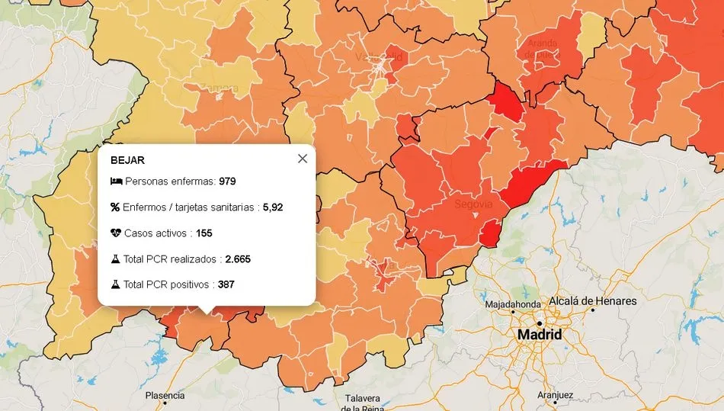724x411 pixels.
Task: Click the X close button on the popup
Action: [303, 159]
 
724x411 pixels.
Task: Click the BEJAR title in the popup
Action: [127, 160]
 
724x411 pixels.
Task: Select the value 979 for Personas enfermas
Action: [227, 181]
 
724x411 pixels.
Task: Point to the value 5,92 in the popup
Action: [274, 207]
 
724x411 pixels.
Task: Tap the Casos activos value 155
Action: [203, 233]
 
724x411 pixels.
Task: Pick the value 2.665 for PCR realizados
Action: [238, 258]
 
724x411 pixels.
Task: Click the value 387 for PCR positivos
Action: [226, 284]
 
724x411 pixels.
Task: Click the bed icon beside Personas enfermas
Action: [116, 181]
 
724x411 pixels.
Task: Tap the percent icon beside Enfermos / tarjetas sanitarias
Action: [115, 207]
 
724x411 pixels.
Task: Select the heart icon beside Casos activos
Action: [115, 233]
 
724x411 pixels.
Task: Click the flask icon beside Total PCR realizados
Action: [115, 258]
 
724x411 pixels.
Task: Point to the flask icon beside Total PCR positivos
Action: [115, 284]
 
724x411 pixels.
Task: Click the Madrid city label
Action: [540, 335]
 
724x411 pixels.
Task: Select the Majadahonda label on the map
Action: [514, 305]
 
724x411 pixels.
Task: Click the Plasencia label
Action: [165, 395]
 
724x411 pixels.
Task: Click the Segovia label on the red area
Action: [473, 204]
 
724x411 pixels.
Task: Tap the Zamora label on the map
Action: [219, 88]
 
